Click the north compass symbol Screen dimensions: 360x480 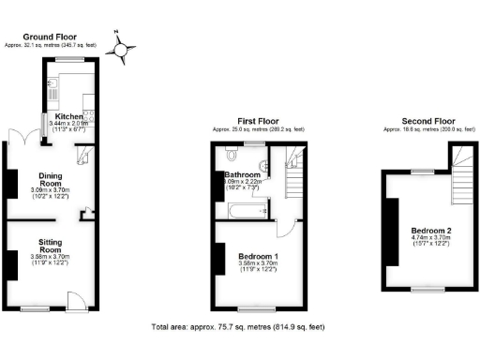point(120,47)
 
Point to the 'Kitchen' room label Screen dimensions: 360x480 point(68,116)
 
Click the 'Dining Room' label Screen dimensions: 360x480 point(50,179)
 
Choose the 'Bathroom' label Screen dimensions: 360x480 point(242,174)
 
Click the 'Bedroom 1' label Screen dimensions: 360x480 point(258,256)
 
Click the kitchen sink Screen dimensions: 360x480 point(53,91)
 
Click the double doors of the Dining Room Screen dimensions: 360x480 point(13,135)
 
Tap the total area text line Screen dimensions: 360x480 point(239,327)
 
